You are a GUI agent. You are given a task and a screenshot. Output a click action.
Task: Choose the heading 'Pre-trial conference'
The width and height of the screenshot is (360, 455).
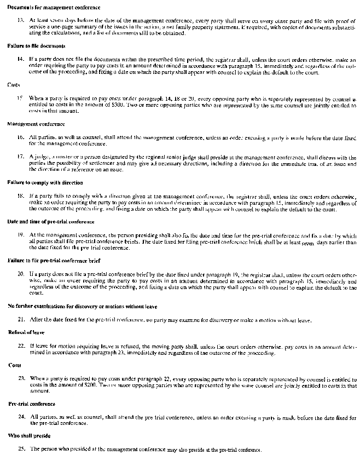pos(32,404)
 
